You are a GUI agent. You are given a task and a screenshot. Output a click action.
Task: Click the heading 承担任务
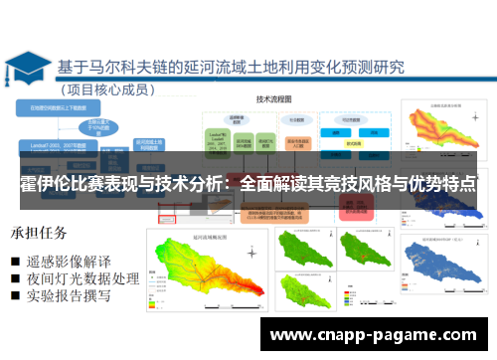pyautogui.click(x=39, y=234)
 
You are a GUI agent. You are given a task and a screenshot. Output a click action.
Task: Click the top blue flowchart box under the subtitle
pyautogui.click(x=65, y=105)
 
